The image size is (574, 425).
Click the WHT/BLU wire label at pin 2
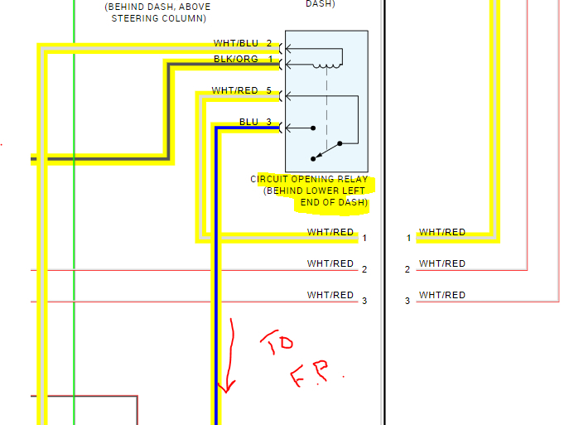point(235,43)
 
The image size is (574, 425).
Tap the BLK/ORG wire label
point(235,59)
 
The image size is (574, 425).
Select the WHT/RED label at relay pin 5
point(234,90)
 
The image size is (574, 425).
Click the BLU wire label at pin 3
point(248,122)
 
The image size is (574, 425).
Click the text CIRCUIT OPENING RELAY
point(309,179)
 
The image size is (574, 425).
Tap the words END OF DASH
point(334,202)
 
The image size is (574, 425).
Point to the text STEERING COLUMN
point(159,17)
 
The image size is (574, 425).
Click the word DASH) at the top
point(321,3)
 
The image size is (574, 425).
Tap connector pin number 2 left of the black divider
point(364,269)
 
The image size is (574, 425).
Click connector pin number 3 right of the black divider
point(408,301)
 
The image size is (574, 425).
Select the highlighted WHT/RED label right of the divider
point(441,233)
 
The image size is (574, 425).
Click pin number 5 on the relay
point(269,90)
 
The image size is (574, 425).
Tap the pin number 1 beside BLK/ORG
point(270,59)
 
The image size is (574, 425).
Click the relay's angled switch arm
point(328,149)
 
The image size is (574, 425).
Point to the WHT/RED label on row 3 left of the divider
point(330,295)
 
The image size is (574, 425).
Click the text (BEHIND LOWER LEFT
point(316,191)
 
